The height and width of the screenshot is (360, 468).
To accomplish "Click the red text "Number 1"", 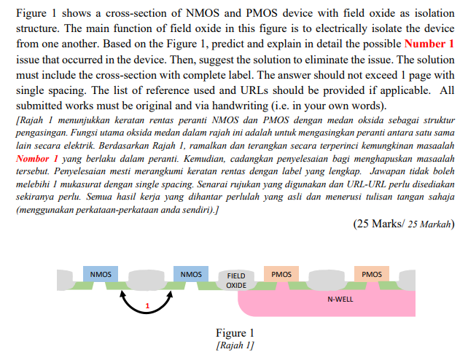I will (428, 44).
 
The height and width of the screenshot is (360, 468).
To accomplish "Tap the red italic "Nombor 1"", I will (36, 158).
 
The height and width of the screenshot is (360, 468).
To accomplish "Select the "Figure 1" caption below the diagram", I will (234, 334).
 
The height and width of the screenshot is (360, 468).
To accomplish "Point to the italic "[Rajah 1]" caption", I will (234, 345).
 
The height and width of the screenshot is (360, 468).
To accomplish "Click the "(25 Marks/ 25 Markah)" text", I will (403, 224).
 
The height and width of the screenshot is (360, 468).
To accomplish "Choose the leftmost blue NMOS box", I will (101, 274).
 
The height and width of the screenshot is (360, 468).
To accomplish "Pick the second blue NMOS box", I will (191, 274).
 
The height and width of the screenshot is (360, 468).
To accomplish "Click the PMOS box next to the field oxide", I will (281, 274).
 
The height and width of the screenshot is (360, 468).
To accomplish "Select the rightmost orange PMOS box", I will (371, 274).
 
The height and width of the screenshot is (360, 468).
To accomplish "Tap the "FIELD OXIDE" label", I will (236, 281).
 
